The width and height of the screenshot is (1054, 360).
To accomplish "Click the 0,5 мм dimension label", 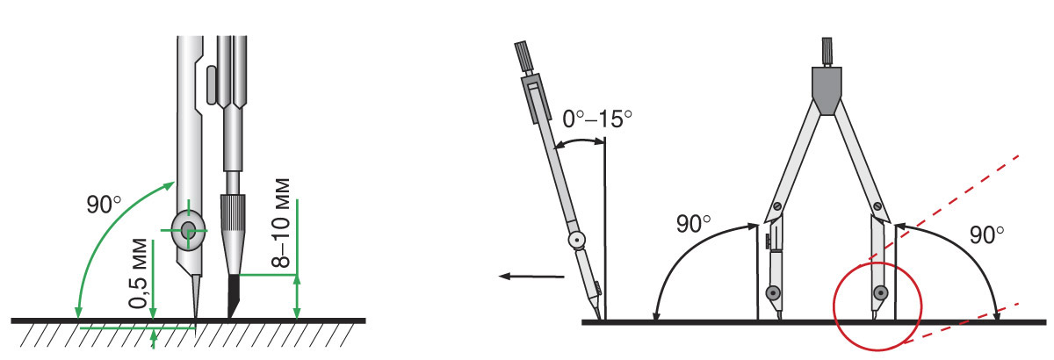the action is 139,274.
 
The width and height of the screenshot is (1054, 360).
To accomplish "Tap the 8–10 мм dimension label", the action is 281,223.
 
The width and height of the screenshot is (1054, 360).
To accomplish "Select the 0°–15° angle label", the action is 597,119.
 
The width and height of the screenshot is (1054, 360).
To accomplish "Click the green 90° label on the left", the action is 104,205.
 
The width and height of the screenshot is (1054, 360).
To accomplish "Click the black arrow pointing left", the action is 531,277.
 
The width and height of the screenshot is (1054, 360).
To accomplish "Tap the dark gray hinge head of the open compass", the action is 827,90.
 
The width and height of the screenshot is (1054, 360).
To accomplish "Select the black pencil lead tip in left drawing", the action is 235,297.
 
